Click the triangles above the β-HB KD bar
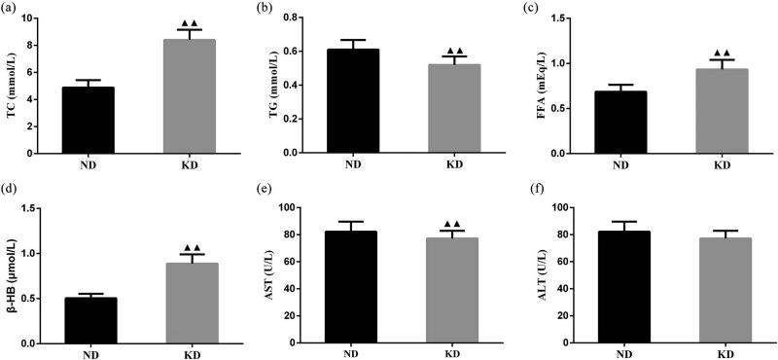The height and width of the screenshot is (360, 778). click(192, 248)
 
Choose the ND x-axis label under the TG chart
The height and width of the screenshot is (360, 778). click(352, 164)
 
